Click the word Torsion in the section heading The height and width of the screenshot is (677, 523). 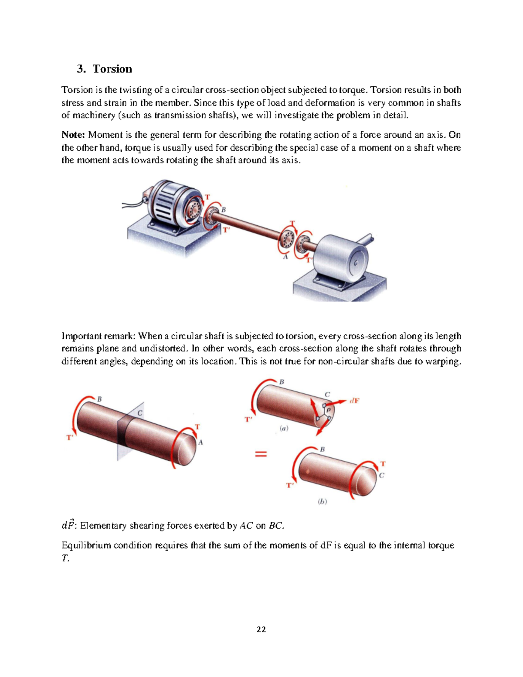point(112,69)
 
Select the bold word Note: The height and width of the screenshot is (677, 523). point(73,135)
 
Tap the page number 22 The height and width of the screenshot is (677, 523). point(261,629)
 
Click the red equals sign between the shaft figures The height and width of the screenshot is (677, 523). point(261,454)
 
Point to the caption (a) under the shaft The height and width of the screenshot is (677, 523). point(284,428)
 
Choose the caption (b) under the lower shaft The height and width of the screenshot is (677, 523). point(322,501)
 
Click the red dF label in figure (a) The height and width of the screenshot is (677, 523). point(354,401)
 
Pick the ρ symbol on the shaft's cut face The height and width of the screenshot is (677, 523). point(328,410)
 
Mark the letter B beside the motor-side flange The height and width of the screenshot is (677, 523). point(224,210)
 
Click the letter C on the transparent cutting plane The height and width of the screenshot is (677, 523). point(140,413)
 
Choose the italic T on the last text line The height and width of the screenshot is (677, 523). point(65,558)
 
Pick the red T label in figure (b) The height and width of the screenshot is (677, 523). point(383,464)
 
